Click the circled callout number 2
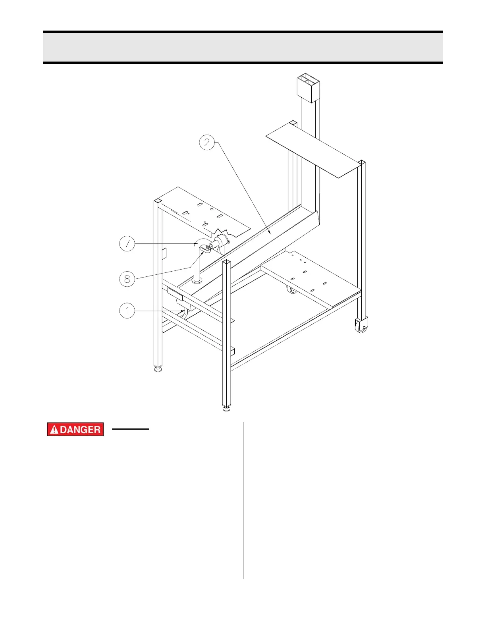pos(207,142)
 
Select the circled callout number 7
pos(127,243)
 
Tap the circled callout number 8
pos(127,279)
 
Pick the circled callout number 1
pos(127,311)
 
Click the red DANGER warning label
pos(75,429)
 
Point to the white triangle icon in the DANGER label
pos(54,430)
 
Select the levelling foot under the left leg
pos(158,369)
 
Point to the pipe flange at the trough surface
pos(197,281)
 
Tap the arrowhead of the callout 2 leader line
pos(270,233)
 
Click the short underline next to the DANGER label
pos(130,429)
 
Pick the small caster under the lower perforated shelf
pos(292,290)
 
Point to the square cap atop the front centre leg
pos(227,262)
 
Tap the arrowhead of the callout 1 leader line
pos(184,311)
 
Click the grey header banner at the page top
pos(243,47)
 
